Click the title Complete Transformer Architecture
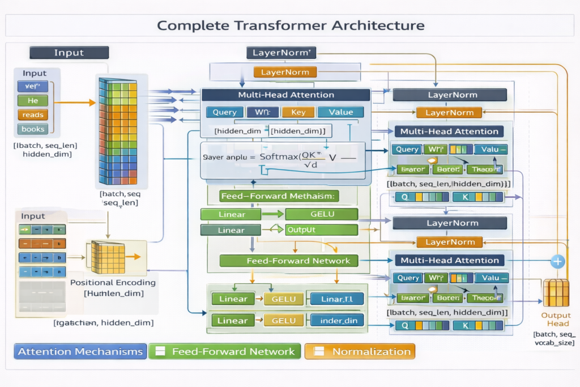pyautogui.click(x=290, y=25)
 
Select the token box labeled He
pyautogui.click(x=33, y=101)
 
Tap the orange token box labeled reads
pyautogui.click(x=33, y=115)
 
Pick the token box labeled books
pyautogui.click(x=33, y=129)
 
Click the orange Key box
pyautogui.click(x=298, y=112)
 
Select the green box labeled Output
pyautogui.click(x=321, y=230)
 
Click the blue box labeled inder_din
pyautogui.click(x=338, y=321)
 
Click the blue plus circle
pyautogui.click(x=558, y=261)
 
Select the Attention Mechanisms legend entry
pyautogui.click(x=80, y=351)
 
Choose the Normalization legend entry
pyautogui.click(x=360, y=351)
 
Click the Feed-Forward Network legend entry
pyautogui.click(x=225, y=351)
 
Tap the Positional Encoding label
pyautogui.click(x=113, y=282)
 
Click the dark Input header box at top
pyautogui.click(x=69, y=53)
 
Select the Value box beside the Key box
pyautogui.click(x=340, y=112)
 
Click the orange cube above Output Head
pyautogui.click(x=555, y=292)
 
